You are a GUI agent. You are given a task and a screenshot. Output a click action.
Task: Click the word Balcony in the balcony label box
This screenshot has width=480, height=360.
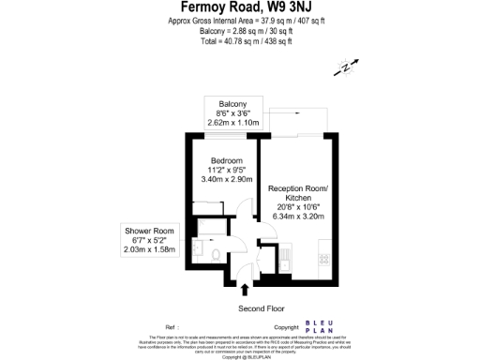tap(232, 103)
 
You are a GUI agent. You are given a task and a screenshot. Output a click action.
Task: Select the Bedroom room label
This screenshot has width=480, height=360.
tap(226, 159)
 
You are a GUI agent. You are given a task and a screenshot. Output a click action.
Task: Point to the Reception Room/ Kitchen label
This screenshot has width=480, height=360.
tap(297, 194)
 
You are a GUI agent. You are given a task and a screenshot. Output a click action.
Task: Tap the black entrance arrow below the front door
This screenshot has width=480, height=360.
tap(246, 289)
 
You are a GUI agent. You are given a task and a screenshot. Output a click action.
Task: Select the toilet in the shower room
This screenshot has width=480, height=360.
tap(215, 256)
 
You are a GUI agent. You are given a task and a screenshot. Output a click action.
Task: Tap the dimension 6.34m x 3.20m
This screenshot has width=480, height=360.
tap(297, 217)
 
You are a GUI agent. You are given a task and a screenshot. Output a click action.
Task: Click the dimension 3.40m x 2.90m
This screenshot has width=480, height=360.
tap(226, 179)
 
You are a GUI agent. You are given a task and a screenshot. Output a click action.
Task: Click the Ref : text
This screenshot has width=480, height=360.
tap(172, 328)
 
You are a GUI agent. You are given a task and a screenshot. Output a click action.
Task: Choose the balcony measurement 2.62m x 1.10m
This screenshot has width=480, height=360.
tap(232, 122)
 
